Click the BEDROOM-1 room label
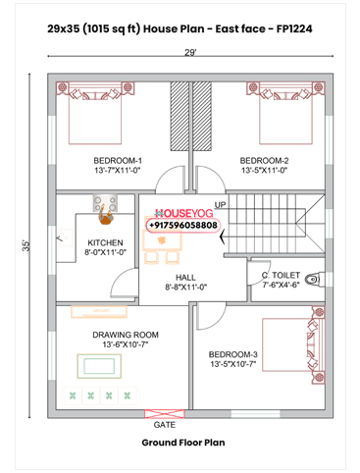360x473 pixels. click(118, 160)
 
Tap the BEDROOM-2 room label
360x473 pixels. click(264, 160)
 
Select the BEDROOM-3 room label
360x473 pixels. click(233, 354)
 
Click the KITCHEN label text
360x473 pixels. click(105, 242)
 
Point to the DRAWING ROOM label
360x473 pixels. click(126, 335)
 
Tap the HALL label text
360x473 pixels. click(186, 278)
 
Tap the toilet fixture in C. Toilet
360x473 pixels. click(312, 280)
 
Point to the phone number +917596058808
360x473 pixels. click(183, 225)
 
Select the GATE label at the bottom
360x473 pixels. click(165, 427)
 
